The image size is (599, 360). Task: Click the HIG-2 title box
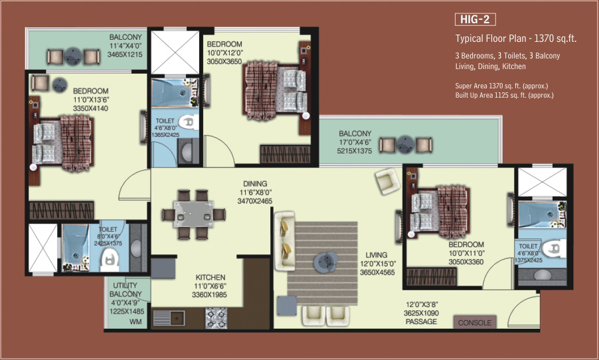[475, 19]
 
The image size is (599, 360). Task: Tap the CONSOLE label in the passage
[475, 323]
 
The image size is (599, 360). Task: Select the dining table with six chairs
[193, 215]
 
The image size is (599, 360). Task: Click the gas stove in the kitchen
[216, 318]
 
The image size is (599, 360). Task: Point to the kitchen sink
[169, 317]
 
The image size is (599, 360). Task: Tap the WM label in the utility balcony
[135, 321]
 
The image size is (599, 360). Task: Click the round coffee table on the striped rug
[325, 262]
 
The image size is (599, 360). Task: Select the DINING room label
[255, 183]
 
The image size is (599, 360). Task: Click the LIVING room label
[377, 255]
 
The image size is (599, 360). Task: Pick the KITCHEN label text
[210, 277]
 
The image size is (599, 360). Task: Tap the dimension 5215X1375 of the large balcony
[354, 151]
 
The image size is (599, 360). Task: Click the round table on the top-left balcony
[72, 57]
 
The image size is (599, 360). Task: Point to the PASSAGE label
[421, 321]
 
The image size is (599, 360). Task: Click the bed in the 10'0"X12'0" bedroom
[275, 90]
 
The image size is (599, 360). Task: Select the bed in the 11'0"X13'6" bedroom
[62, 143]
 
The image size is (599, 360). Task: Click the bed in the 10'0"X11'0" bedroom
[439, 212]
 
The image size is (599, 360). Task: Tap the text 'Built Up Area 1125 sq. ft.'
[491, 95]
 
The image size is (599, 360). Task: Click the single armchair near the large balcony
[387, 181]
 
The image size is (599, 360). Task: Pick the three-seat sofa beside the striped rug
[285, 241]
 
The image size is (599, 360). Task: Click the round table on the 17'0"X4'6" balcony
[405, 145]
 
